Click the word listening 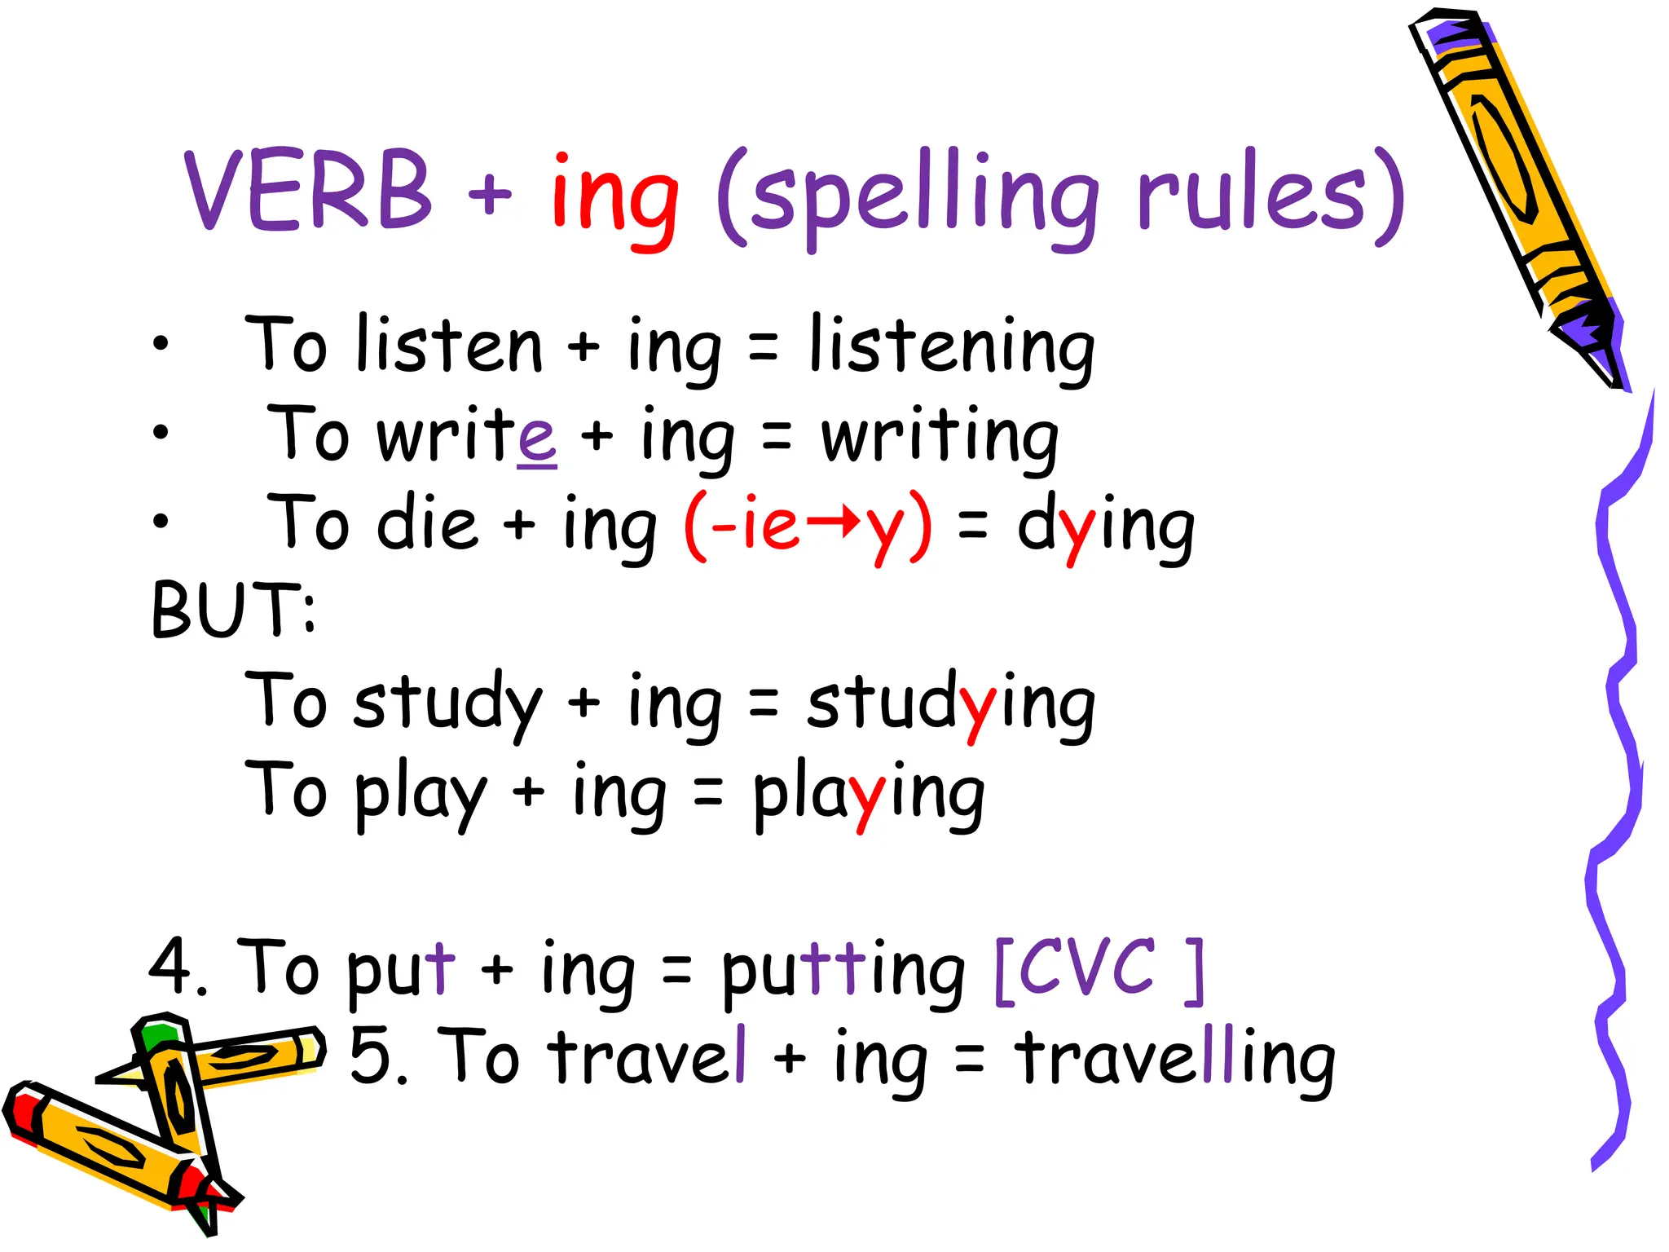pos(952,349)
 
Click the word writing pos(940,438)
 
